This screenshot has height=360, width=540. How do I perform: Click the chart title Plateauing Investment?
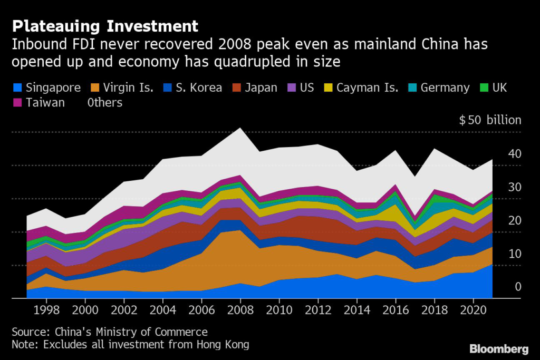pos(105,26)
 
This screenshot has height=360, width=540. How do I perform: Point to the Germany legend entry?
pos(445,87)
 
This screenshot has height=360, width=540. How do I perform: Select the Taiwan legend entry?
pos(45,103)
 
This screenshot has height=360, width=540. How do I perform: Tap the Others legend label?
pos(105,103)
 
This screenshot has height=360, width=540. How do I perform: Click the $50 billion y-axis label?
pos(490,120)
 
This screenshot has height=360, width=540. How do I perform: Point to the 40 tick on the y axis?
pos(514,154)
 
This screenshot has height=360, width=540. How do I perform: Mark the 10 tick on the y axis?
pos(514,254)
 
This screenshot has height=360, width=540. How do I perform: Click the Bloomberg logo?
pos(499,348)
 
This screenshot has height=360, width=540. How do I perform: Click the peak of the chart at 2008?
pos(240,128)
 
